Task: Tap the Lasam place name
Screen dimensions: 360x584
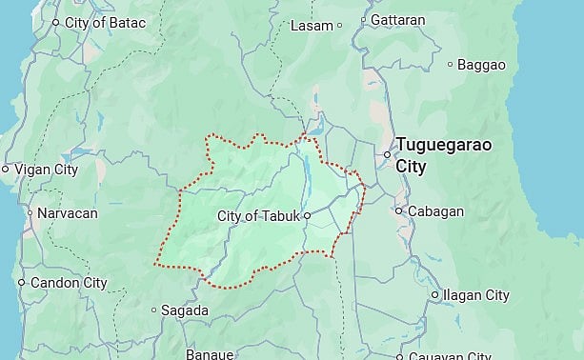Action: coord(312,25)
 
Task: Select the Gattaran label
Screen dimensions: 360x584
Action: coord(398,19)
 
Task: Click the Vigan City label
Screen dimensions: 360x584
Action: coord(45,170)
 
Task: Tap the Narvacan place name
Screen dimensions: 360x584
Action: coord(67,213)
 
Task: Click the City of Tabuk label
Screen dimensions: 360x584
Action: coord(258,216)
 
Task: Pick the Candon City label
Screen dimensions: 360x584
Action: coord(69,283)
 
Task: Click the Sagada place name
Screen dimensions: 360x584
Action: coord(184,310)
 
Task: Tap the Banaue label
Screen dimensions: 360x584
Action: coord(210,354)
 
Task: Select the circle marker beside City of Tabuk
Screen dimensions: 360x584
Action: coord(307,216)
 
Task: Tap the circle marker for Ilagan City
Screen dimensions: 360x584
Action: coord(434,295)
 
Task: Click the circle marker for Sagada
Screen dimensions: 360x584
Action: coord(153,310)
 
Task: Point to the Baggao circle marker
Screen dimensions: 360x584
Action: coord(451,65)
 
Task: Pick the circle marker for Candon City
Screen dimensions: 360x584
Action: coord(21,283)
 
